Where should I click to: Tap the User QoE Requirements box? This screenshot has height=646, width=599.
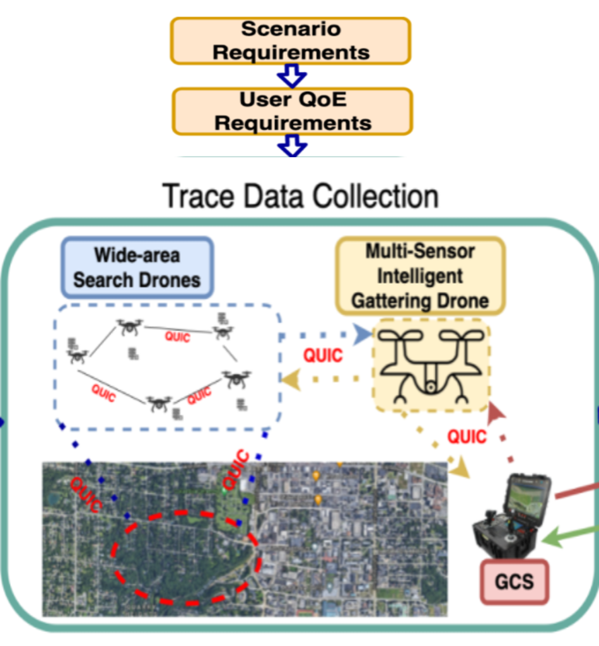click(x=293, y=110)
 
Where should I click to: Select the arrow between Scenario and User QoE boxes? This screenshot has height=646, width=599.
click(x=292, y=76)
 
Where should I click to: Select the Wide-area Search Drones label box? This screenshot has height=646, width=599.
click(x=137, y=267)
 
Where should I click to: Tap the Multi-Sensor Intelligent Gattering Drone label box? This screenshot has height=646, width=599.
click(x=420, y=276)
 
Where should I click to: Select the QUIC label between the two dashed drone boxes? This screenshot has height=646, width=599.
click(x=323, y=355)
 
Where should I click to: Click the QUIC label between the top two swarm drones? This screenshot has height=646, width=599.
click(x=177, y=336)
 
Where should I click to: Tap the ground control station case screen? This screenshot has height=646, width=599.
click(x=528, y=494)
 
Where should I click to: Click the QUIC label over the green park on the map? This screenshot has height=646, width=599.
click(x=233, y=470)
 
